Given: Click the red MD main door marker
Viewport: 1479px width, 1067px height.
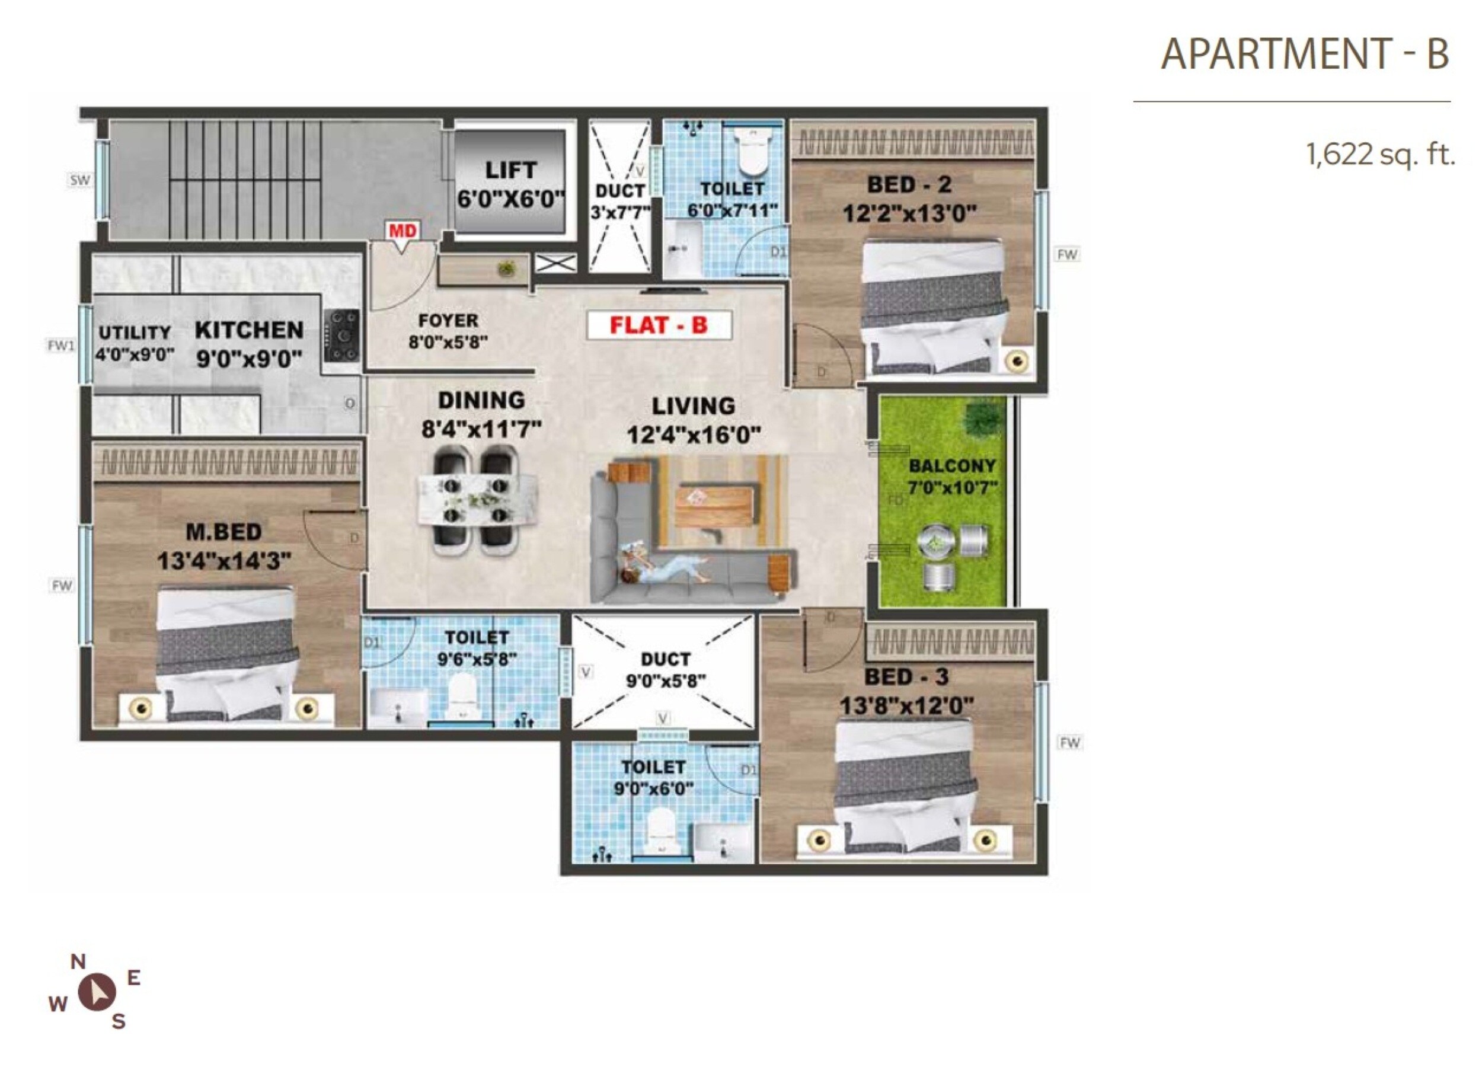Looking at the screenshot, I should (x=403, y=232).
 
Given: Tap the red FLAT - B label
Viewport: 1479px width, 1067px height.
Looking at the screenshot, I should (x=659, y=325).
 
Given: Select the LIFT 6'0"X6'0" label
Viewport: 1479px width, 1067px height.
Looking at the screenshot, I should (x=510, y=184).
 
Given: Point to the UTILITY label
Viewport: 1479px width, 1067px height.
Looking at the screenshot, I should (x=135, y=333).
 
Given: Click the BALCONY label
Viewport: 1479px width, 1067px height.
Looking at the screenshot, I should (x=951, y=466).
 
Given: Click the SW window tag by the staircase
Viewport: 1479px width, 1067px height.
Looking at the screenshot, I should (x=79, y=180).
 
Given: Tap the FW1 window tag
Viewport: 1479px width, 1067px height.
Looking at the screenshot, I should (x=61, y=345).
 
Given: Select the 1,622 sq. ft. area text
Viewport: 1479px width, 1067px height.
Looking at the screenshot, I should (x=1380, y=155).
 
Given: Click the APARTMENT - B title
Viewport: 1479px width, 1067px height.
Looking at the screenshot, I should (x=1304, y=53).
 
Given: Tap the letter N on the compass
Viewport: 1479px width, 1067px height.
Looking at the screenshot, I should (x=78, y=961).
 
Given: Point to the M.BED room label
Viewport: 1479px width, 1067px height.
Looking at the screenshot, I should (x=223, y=532).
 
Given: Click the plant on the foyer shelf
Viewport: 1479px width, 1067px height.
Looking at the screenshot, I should (x=504, y=268).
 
